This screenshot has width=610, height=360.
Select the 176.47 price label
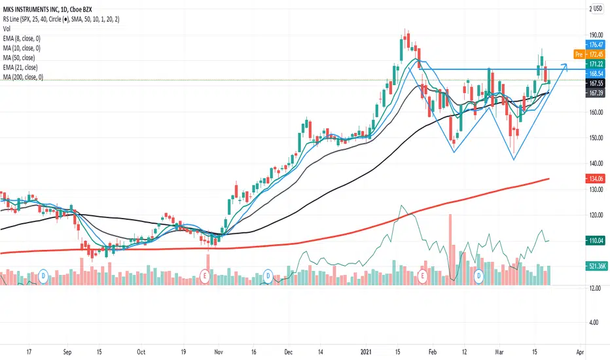[x=596, y=45]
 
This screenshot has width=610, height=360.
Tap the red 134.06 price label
[x=596, y=178]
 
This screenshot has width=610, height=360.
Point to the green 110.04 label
[x=596, y=241]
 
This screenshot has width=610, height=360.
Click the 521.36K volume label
[x=596, y=265]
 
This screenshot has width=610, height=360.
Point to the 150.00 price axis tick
[x=596, y=138]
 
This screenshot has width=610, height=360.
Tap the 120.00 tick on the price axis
[x=596, y=215]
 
